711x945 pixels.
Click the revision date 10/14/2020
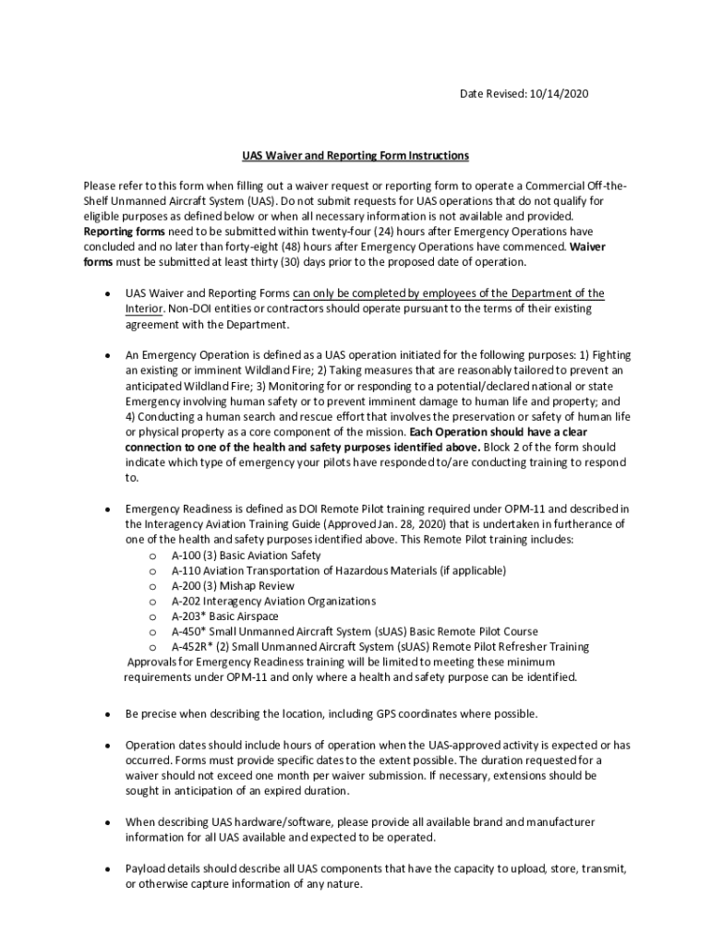point(557,93)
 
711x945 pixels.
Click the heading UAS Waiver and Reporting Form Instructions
point(355,155)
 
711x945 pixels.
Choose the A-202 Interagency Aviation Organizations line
point(273,601)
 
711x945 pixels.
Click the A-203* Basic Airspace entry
point(224,616)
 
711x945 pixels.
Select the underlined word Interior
point(144,309)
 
